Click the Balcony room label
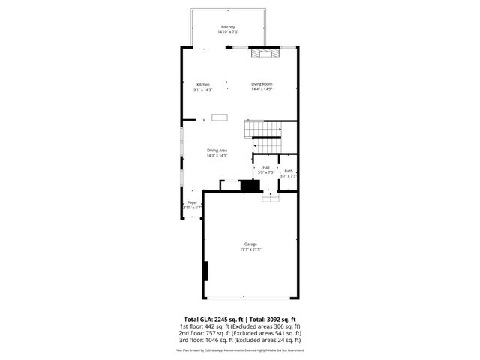coord(228,28)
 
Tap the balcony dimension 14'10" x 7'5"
coord(228,32)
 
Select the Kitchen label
coord(203,84)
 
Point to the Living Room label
coord(262,84)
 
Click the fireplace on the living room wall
coord(263,52)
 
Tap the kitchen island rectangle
coord(220,116)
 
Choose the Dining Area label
coord(217,151)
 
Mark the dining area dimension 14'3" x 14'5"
coord(217,156)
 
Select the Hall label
coord(265,168)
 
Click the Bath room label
coord(289,172)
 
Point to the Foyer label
coord(193,203)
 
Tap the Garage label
coord(250,244)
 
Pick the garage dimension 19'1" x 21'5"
coord(250,249)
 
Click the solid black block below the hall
coord(248,184)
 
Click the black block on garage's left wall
coord(205,270)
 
